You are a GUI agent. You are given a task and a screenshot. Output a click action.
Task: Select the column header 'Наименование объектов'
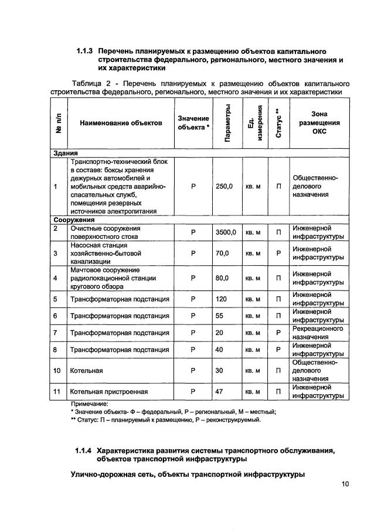121,124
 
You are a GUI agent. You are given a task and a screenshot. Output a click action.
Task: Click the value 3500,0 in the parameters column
225,232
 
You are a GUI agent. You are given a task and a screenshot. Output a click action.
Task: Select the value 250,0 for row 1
224,186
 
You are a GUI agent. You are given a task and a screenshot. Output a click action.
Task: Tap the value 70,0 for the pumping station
222,254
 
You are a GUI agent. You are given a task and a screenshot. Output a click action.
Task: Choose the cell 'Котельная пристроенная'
108,391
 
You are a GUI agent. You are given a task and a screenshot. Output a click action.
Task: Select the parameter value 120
220,299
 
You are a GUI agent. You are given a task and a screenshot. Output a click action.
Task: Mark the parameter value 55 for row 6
219,316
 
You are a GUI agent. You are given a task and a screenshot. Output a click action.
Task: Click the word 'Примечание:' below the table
90,404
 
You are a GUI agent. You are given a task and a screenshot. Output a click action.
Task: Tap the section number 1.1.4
84,450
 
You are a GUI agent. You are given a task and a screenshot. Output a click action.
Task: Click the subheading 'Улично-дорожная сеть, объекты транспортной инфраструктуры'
188,474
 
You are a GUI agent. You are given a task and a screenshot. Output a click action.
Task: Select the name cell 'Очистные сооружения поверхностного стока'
105,232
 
